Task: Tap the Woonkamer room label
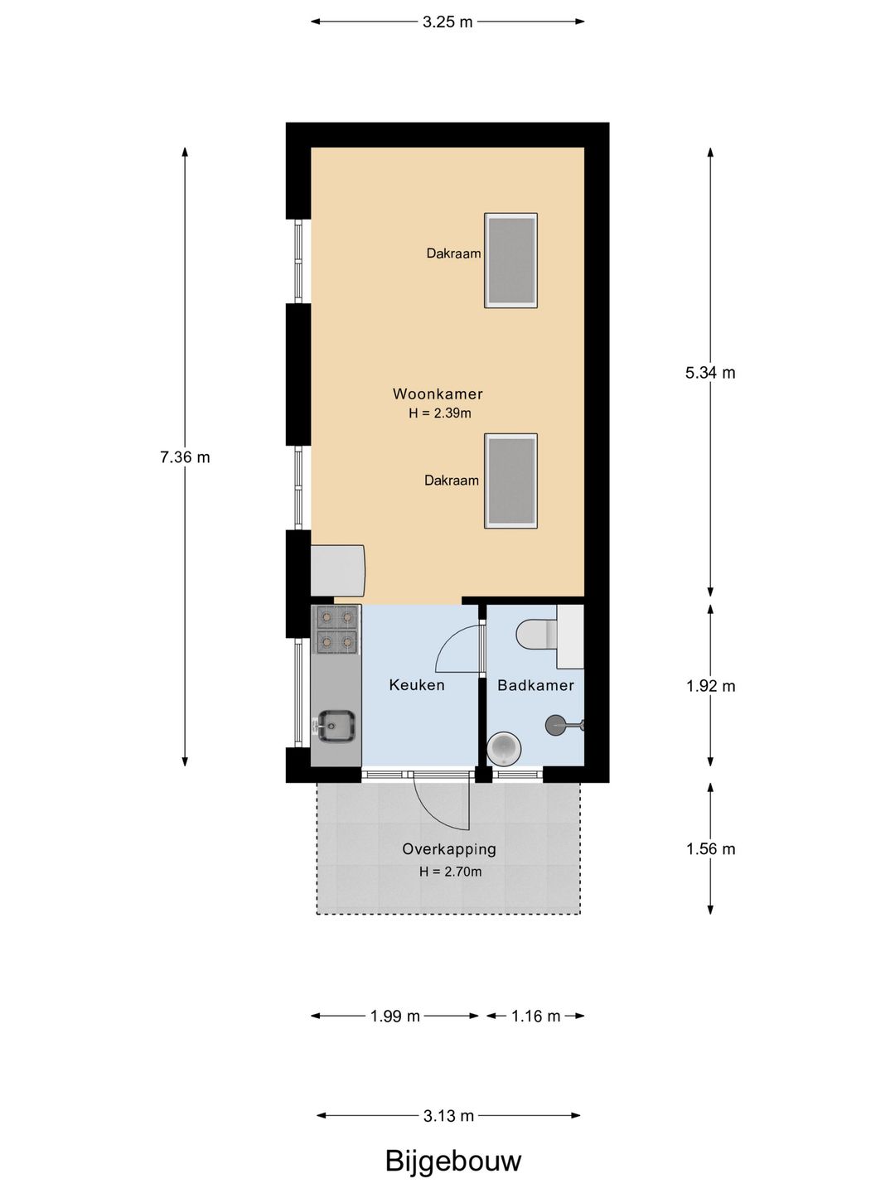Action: (438, 394)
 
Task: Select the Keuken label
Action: (417, 685)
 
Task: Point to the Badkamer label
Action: (536, 685)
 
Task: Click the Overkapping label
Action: (449, 849)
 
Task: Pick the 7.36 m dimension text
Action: (185, 457)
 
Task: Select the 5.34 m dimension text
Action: (710, 372)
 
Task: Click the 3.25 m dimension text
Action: (447, 22)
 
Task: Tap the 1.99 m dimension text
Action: (395, 1016)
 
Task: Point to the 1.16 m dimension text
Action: (535, 1016)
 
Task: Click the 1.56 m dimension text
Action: (710, 848)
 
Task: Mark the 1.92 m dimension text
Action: (710, 686)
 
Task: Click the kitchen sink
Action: (336, 726)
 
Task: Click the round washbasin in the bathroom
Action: (504, 749)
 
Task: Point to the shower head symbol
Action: (564, 725)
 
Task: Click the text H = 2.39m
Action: (439, 413)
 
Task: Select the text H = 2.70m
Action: (450, 872)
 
